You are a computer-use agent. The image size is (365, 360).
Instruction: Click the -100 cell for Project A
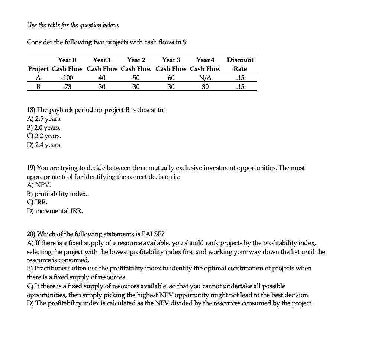click(67, 78)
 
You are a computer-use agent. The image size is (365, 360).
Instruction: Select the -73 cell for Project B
click(67, 87)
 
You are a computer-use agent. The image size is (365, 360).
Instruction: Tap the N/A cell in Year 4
click(205, 78)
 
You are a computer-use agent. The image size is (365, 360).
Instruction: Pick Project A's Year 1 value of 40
click(102, 78)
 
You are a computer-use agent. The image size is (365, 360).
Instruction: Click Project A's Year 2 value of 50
click(136, 78)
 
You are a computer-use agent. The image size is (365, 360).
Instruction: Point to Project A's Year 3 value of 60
click(171, 78)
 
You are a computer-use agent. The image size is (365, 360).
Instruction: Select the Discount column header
click(240, 60)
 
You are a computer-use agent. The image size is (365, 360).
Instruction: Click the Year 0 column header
click(67, 60)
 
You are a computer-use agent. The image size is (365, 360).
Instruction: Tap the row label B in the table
click(38, 87)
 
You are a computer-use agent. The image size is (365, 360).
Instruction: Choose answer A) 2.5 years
click(44, 119)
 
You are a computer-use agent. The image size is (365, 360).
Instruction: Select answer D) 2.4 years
click(44, 145)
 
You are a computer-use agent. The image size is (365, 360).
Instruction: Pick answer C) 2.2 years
click(44, 136)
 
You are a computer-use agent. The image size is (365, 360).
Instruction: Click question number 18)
click(31, 110)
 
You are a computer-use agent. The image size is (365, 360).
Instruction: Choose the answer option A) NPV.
click(39, 185)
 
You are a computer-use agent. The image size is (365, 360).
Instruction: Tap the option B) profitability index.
click(57, 194)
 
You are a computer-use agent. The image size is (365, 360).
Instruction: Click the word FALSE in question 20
click(153, 234)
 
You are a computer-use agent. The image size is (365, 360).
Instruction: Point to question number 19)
click(31, 168)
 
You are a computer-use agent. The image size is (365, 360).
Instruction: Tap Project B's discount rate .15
click(240, 87)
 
